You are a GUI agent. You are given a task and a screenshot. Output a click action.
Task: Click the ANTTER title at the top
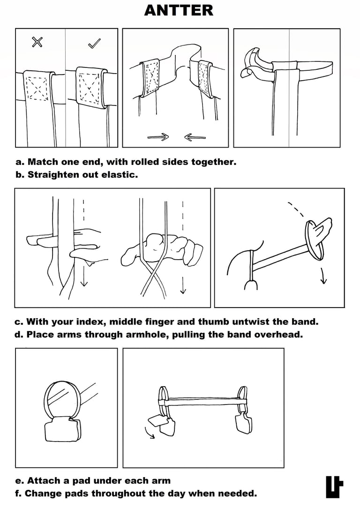coord(179,10)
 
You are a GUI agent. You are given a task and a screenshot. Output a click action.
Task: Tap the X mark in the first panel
coord(37,43)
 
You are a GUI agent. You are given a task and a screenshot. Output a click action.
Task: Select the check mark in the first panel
coord(94,44)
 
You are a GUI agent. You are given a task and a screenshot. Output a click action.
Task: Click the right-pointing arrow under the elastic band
coord(158,137)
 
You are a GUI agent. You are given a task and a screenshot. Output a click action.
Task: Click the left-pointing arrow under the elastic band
coord(195,137)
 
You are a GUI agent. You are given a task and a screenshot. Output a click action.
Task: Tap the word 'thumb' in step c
coord(217,322)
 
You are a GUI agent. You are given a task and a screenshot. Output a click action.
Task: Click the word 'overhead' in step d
coord(284,335)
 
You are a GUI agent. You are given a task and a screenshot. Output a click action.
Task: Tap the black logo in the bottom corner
coord(334,487)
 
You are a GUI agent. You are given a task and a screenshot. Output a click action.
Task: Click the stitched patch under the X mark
coord(38,87)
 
